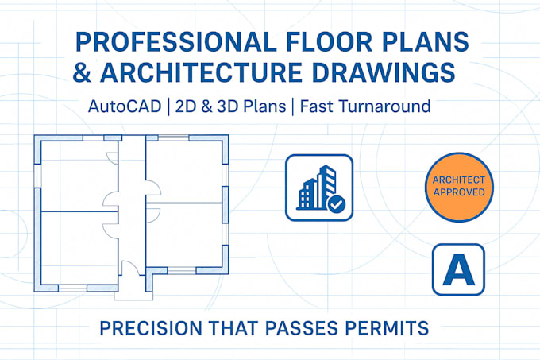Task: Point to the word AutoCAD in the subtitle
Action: point(127,105)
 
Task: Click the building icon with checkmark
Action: point(318,188)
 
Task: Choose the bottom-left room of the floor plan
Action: point(78,246)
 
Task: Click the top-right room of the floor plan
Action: point(184,169)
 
